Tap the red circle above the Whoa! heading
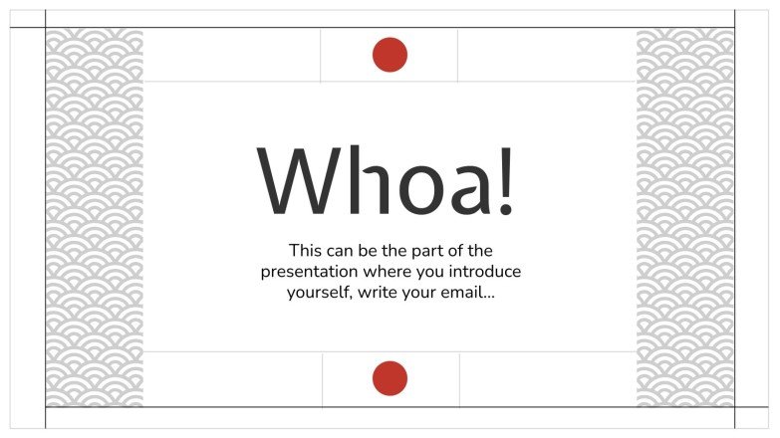tap(390, 55)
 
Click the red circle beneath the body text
tap(390, 379)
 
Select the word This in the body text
tap(305, 250)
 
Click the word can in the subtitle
tap(342, 250)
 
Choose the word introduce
tap(486, 271)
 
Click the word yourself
tap(319, 293)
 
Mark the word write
tap(378, 293)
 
